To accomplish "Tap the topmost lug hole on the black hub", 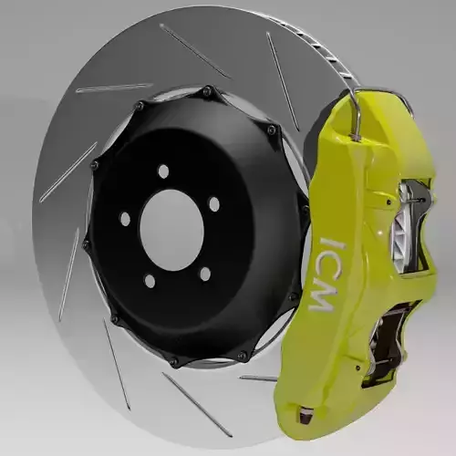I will tap(163, 171).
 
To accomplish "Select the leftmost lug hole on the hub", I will tap(126, 219).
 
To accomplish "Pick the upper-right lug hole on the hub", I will tap(214, 204).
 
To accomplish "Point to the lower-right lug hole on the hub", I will tap(204, 273).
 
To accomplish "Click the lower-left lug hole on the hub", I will tap(150, 281).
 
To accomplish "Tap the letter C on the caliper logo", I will tap(326, 269).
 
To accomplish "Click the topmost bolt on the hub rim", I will tap(208, 91).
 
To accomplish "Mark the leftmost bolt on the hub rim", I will tap(86, 244).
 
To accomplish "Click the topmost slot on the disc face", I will tap(193, 50).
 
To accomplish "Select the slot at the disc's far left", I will tap(67, 173).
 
